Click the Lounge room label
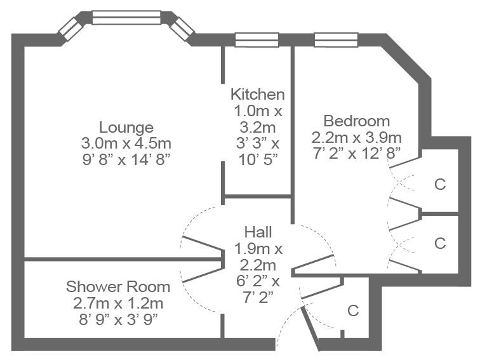click(x=126, y=128)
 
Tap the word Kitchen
click(x=257, y=94)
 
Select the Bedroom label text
click(x=357, y=121)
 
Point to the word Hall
click(x=258, y=232)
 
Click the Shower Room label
click(x=118, y=287)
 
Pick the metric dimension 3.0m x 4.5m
click(x=126, y=143)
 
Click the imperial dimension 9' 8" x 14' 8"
click(x=126, y=159)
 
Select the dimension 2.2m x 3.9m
click(x=357, y=137)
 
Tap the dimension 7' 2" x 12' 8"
click(x=357, y=153)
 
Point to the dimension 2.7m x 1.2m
click(x=118, y=303)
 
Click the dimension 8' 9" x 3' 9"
click(x=118, y=319)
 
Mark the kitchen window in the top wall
click(x=257, y=40)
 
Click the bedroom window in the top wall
click(x=336, y=40)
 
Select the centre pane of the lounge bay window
click(x=126, y=17)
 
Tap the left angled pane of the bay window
click(x=71, y=29)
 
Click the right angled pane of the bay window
click(x=182, y=29)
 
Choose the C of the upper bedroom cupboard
click(x=440, y=184)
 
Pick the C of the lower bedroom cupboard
click(x=440, y=243)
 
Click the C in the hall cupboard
click(x=353, y=310)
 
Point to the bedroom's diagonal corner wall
click(x=407, y=58)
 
